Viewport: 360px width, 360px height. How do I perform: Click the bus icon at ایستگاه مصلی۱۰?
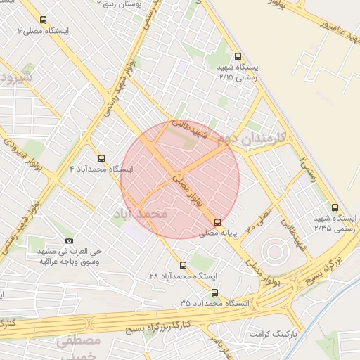(44, 20)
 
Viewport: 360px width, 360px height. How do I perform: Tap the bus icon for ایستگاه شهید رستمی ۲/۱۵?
(237, 57)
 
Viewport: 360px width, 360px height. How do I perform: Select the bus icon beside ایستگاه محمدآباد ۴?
(102, 158)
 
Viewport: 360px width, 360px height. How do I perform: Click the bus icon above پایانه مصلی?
(217, 221)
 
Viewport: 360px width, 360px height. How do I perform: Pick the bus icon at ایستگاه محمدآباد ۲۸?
(183, 265)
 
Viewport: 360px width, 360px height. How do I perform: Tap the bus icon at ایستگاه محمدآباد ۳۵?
(214, 292)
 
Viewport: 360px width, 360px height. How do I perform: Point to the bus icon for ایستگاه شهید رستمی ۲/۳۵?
(335, 207)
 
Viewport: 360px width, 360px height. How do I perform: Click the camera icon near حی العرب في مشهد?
(69, 241)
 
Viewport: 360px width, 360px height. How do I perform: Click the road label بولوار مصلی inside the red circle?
(186, 189)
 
